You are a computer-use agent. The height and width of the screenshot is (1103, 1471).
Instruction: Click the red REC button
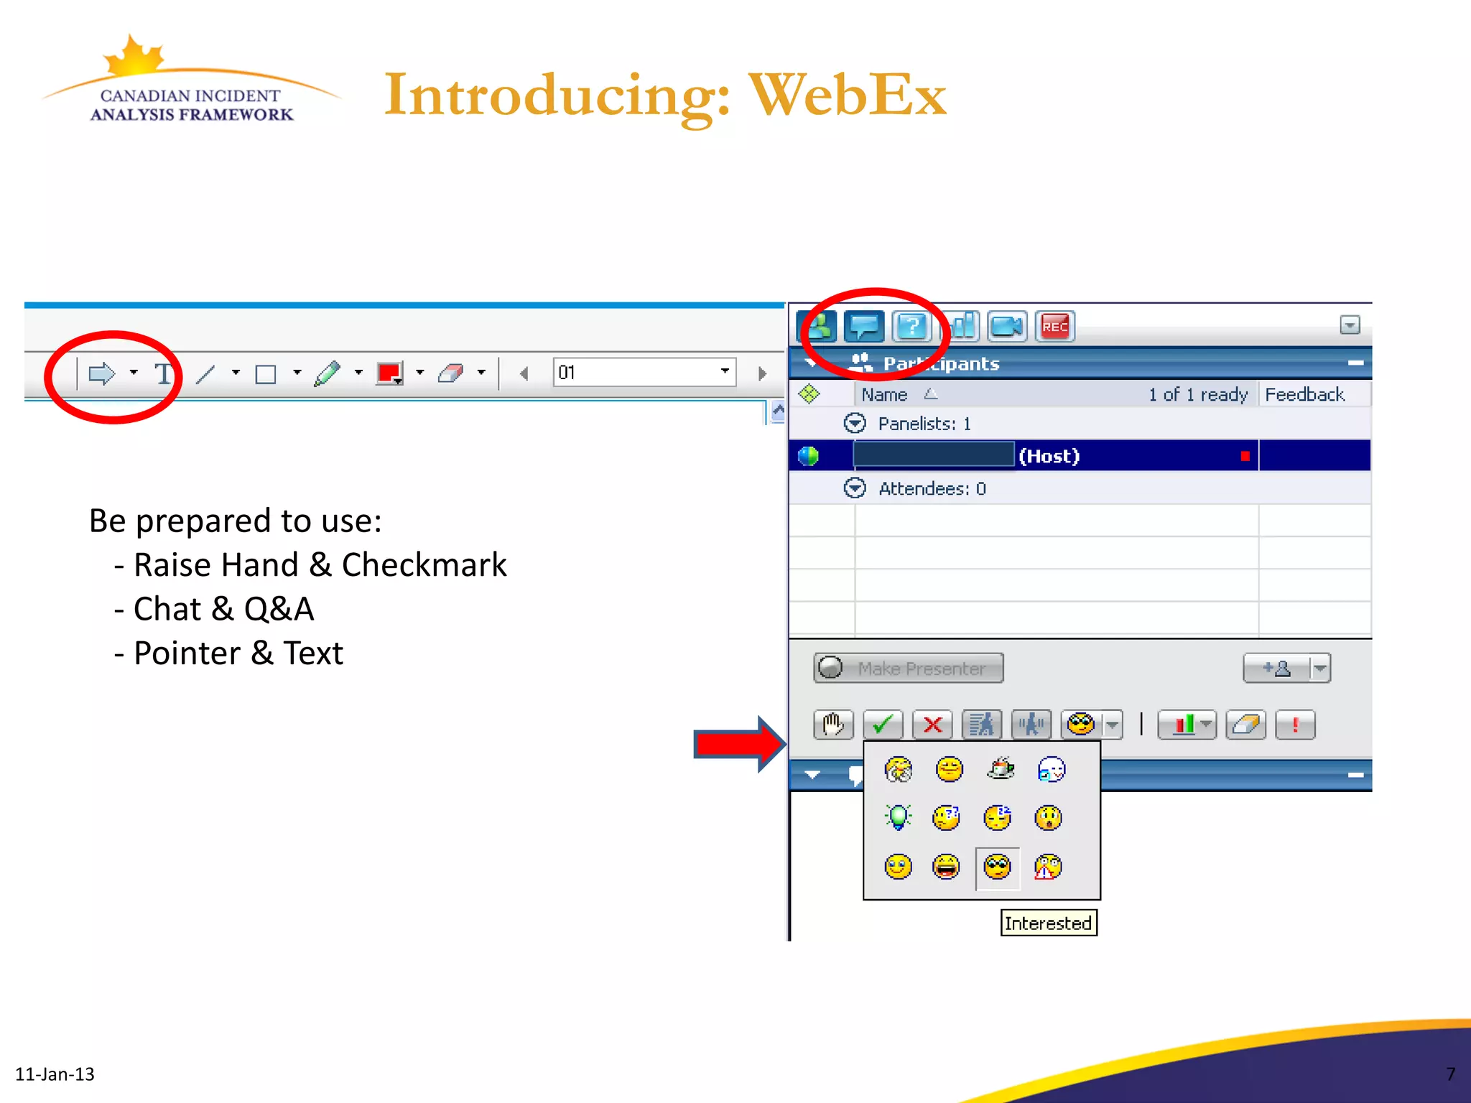pos(1054,327)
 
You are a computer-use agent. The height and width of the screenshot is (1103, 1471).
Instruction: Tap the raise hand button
pos(833,725)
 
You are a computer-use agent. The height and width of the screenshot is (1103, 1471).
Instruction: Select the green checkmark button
pos(883,725)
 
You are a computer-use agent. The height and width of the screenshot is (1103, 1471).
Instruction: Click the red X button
pos(932,725)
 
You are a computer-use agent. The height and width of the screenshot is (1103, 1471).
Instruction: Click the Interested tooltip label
pos(1048,923)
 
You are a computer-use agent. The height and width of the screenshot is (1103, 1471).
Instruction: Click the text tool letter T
pos(164,373)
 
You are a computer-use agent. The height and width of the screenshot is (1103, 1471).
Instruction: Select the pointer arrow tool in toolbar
pos(101,373)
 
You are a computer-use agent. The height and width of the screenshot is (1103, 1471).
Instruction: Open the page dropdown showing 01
pos(725,371)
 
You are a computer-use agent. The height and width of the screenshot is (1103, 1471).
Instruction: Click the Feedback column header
pos(1304,394)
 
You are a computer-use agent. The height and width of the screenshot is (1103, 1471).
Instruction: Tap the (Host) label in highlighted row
pos(1049,456)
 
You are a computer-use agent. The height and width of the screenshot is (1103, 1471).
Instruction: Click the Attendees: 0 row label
pos(932,489)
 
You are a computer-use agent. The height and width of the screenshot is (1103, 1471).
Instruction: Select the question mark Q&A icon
pos(911,327)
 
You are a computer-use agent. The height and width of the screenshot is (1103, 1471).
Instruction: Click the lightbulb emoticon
pos(898,817)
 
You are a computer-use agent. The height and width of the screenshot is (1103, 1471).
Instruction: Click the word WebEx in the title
pos(847,95)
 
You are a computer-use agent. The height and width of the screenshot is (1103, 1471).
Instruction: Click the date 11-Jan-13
pos(55,1074)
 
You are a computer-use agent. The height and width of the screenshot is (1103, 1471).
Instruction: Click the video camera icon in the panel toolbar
pos(1006,327)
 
